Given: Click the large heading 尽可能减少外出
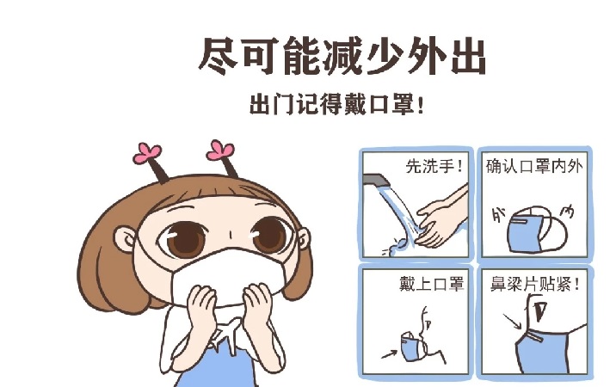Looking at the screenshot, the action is click(342, 56).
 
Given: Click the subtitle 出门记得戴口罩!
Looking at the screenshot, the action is click(336, 104).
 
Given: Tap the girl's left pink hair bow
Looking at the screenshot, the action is click(146, 153).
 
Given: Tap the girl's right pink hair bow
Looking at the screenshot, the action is click(220, 150).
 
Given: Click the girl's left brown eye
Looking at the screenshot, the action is click(183, 238).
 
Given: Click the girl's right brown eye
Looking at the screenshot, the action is click(269, 235).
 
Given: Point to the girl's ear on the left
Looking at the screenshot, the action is click(126, 240).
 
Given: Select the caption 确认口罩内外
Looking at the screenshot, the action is click(534, 166).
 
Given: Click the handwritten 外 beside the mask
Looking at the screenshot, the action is click(499, 214).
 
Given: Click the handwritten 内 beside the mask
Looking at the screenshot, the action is click(567, 212).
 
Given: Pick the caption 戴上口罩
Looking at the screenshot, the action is click(431, 284).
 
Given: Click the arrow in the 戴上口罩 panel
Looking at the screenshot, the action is click(389, 354).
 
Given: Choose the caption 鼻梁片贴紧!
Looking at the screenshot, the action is click(535, 284).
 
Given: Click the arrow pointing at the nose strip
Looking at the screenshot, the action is click(512, 322).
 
